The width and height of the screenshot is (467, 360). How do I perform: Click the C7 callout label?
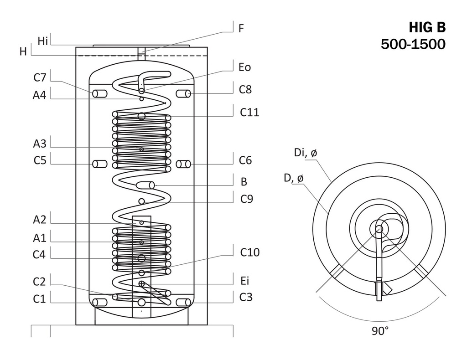click(x=40, y=77)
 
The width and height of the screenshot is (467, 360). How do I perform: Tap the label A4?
click(x=40, y=95)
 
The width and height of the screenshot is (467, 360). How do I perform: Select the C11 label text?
click(x=249, y=112)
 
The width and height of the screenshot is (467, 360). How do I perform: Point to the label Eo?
click(x=244, y=67)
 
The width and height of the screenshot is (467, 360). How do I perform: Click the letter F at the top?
click(x=241, y=28)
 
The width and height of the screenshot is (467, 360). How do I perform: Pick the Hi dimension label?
click(x=43, y=41)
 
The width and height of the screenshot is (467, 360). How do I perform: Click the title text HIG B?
click(x=427, y=28)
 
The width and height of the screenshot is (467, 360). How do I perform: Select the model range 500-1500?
click(x=413, y=44)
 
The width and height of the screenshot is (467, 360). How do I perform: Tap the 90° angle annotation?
click(x=380, y=331)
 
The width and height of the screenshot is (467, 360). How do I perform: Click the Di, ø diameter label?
click(x=306, y=153)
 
